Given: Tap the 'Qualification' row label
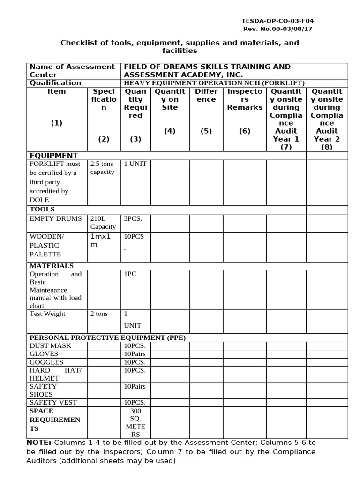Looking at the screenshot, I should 55,83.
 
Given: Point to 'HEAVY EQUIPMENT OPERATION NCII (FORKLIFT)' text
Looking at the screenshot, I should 214,83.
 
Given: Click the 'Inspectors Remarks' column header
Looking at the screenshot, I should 245,99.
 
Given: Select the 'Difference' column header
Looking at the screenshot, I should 206,95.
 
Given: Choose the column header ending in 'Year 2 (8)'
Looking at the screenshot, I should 327,119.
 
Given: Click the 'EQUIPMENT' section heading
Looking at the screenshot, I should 53,156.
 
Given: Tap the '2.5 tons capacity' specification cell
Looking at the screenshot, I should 102,168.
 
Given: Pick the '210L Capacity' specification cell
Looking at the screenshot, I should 103,223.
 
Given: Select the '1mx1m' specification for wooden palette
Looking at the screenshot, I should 101,241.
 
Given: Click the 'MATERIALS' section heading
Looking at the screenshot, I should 52,266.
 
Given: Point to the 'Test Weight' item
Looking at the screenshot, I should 47,314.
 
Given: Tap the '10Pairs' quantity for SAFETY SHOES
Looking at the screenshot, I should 135,386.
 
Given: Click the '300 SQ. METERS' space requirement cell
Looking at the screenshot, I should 135,423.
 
